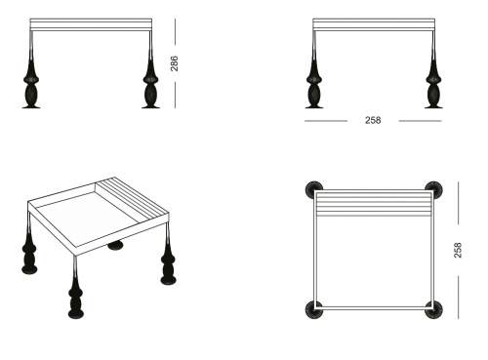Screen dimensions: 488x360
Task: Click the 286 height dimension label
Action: coord(175,63)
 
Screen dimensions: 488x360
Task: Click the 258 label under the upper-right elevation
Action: coord(373,120)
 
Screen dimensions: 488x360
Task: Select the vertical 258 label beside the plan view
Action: coord(458,250)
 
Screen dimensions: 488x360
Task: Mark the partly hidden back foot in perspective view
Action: coord(115,246)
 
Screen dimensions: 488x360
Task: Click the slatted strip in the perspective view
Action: coord(133,198)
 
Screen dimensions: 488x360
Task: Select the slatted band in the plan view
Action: coord(374,204)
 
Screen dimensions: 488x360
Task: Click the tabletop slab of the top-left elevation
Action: coord(91,24)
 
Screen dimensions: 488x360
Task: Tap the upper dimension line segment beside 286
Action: coord(175,31)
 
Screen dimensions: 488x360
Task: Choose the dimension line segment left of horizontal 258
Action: coord(326,121)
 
